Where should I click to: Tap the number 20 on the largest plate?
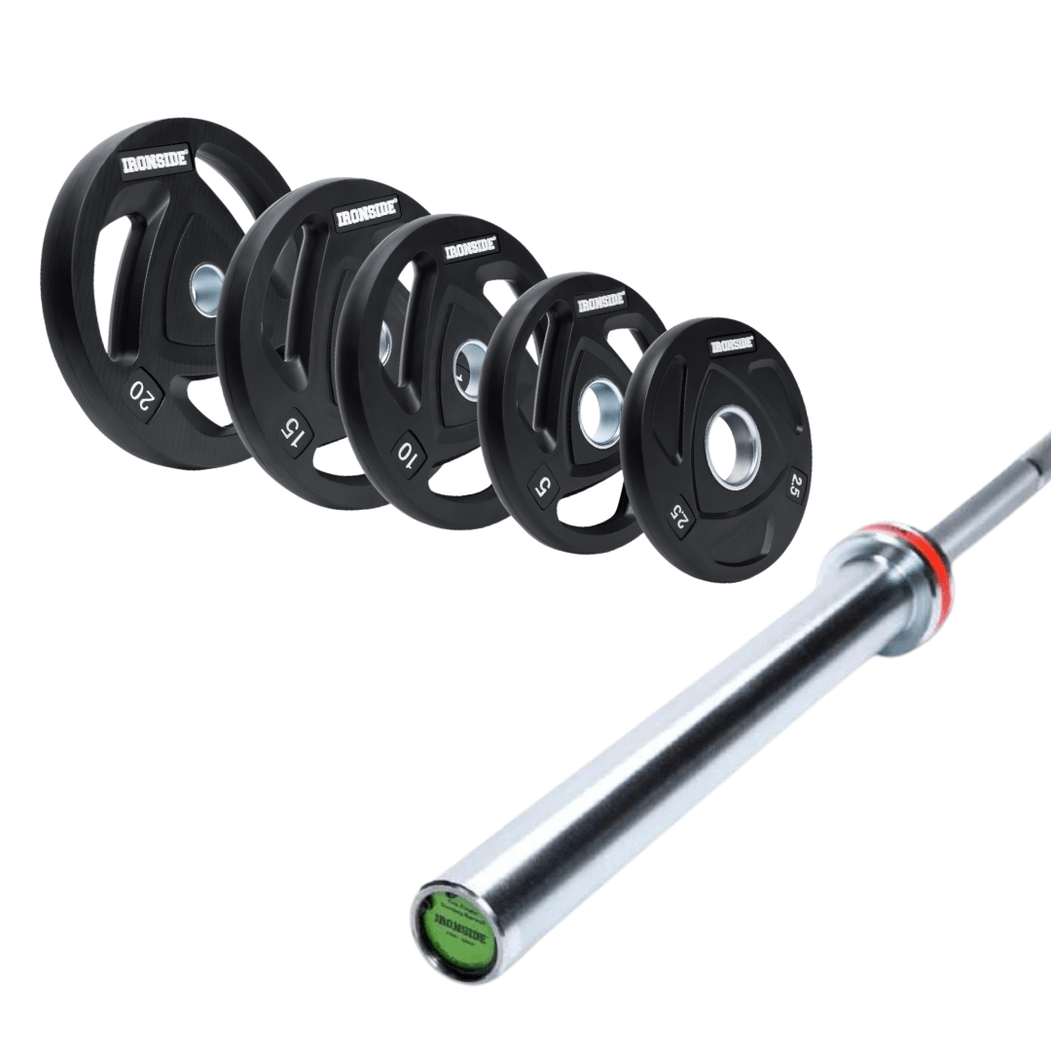pos(142,391)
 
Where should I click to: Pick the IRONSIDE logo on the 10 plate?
pos(470,249)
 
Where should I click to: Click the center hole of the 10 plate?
pos(470,368)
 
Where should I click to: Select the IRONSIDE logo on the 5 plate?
pos(600,303)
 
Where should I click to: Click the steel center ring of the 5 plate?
pos(599,413)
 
